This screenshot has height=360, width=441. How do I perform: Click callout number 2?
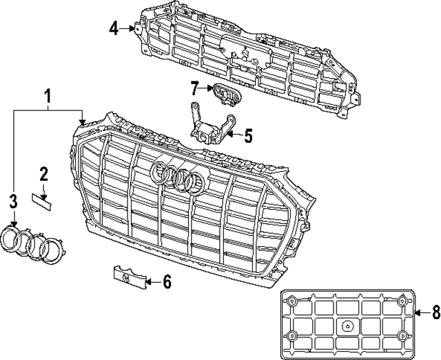[43, 173]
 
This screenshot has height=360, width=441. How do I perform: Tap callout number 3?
[12, 201]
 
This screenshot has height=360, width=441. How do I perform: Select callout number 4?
[114, 28]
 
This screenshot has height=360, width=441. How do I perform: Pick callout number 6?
[167, 281]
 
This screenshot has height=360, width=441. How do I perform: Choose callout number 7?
[194, 88]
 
